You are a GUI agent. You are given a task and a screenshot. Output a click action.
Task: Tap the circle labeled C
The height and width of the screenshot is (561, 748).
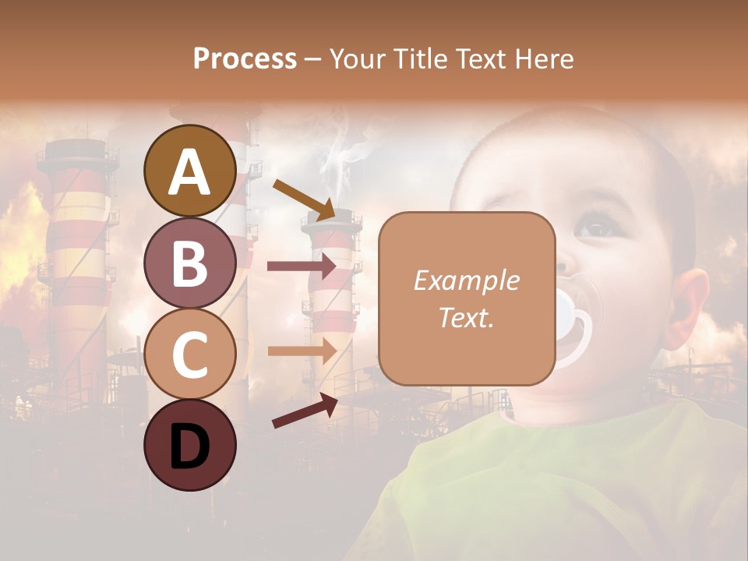coord(190,355)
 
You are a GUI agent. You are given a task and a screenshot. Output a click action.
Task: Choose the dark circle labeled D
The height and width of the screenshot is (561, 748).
coord(190,446)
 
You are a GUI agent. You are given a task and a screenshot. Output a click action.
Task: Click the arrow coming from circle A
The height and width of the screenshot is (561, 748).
coord(304,199)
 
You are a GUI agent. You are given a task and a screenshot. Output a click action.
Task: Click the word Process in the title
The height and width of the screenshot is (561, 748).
coord(245,58)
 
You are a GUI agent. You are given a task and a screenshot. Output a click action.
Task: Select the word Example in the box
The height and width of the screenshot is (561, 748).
coord(466,281)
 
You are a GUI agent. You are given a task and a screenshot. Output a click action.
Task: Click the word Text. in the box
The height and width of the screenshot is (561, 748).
coord(466,317)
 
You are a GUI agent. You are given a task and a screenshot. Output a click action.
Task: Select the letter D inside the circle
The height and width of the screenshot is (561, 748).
coord(190,447)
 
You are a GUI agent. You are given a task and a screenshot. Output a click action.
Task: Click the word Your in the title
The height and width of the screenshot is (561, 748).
coord(353,58)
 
